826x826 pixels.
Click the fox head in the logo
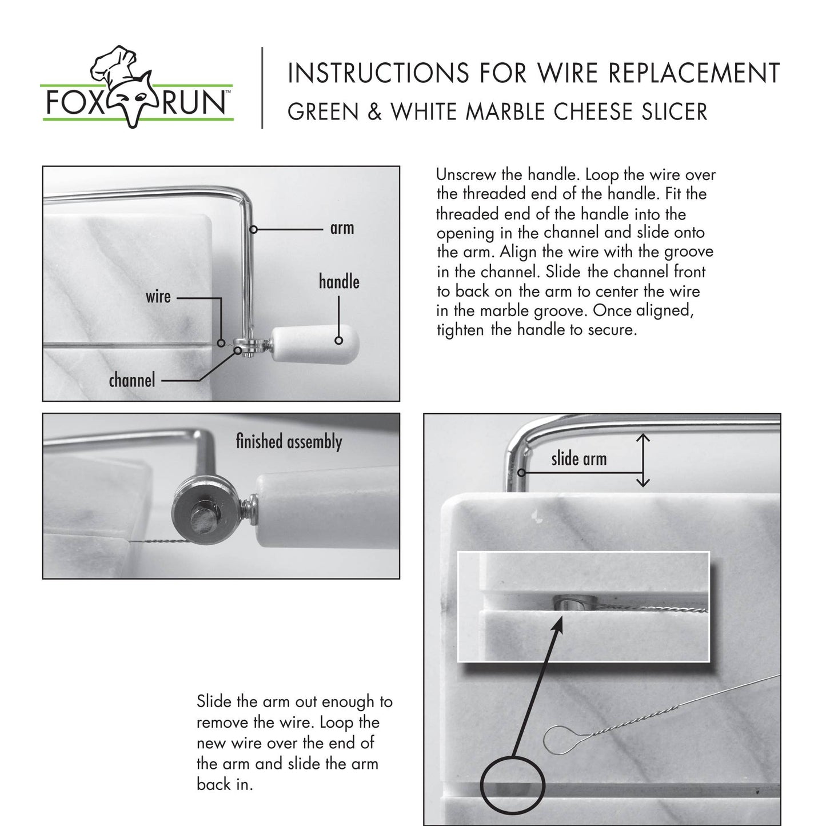pyautogui.click(x=135, y=103)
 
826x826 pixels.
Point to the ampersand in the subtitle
pyautogui.click(x=375, y=111)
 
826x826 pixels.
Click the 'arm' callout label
pyautogui.click(x=342, y=229)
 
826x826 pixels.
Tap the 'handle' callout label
pyautogui.click(x=339, y=282)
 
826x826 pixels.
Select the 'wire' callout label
pyautogui.click(x=158, y=297)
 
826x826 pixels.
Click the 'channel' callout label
pyautogui.click(x=132, y=380)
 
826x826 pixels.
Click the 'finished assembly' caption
pyautogui.click(x=289, y=442)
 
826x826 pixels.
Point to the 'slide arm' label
pyautogui.click(x=578, y=459)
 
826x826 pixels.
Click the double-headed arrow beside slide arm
pyautogui.click(x=643, y=460)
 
